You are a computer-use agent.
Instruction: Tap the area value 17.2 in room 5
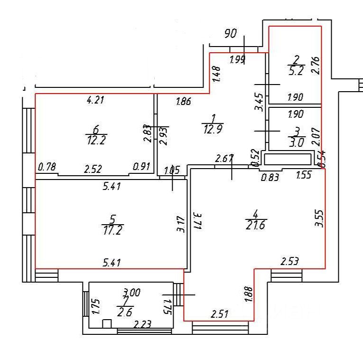coord(112,230)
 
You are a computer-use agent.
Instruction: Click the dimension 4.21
coord(96,100)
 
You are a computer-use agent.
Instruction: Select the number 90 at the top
coord(231,34)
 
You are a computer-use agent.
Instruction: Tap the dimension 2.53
coord(289,261)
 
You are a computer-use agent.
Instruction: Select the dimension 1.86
coord(184,101)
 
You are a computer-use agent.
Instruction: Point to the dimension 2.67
coord(224,159)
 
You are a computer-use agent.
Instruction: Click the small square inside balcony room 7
coord(107,323)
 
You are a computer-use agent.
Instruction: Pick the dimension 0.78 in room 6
coord(46,167)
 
